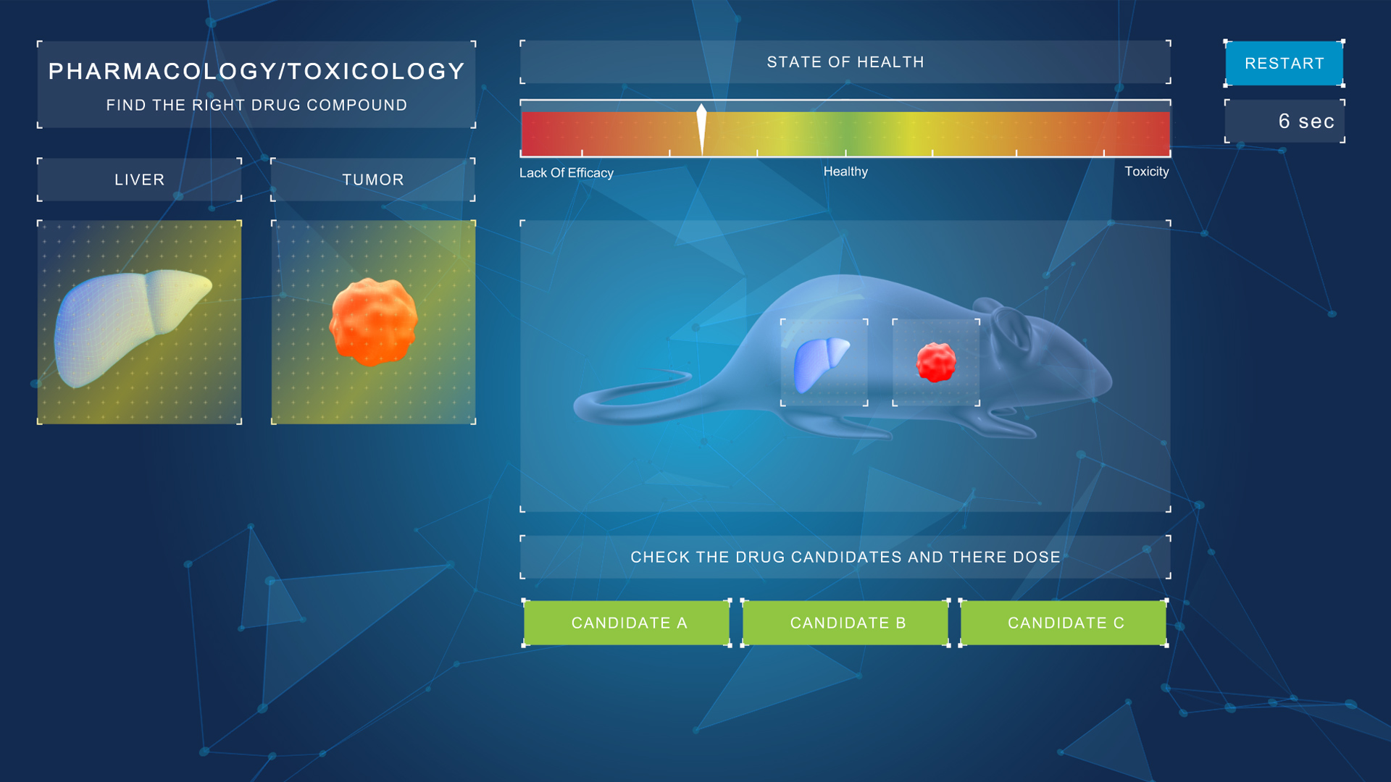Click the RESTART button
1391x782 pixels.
1284,63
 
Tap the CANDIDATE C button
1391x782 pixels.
1064,623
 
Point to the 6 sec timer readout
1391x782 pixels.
1306,121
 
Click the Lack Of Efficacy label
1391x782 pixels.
567,173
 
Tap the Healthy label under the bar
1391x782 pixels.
845,172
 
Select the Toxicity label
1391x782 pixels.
1146,172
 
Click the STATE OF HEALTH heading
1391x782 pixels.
845,62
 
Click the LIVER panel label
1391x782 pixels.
139,180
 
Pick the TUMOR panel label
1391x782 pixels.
373,180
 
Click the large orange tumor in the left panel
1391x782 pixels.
374,321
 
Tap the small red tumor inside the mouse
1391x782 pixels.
936,362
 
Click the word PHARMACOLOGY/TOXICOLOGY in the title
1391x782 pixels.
256,71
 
